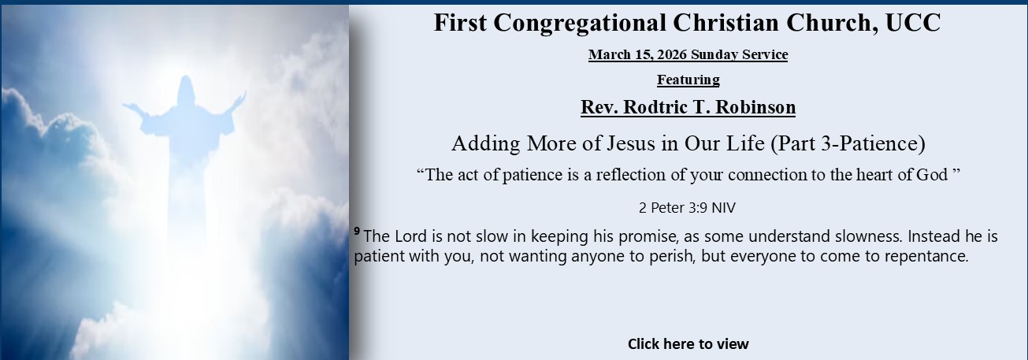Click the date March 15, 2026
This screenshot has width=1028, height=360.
click(637, 54)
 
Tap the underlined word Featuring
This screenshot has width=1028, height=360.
click(688, 80)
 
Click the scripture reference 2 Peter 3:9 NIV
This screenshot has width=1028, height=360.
click(688, 208)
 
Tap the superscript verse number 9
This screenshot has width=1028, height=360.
click(357, 231)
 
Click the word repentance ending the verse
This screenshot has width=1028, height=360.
click(925, 257)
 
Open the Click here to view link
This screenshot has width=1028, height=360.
click(688, 343)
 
